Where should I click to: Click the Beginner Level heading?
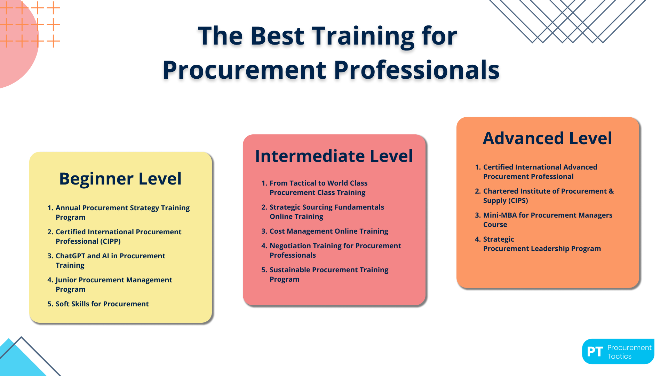120,179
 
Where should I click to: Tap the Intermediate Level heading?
334,156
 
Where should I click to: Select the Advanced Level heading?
547,138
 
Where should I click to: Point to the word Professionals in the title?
416,70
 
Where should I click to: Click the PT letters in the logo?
595,352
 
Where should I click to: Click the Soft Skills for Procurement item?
102,304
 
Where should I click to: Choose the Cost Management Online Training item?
329,231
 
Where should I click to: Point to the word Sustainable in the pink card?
289,270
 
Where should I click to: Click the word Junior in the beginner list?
66,280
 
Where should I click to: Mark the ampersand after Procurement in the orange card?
611,191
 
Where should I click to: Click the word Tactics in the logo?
619,356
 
